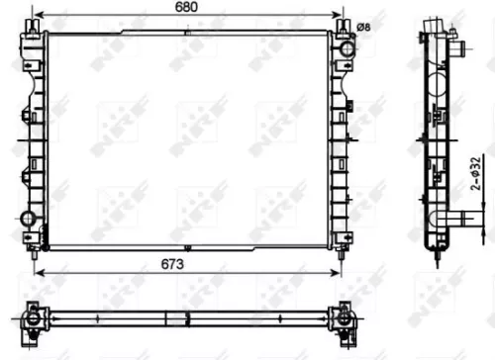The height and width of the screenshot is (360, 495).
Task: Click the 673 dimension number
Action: tap(185, 262)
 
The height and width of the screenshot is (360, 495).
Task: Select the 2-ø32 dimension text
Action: tap(475, 175)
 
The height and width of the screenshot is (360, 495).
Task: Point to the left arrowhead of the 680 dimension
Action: tap(38, 17)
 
